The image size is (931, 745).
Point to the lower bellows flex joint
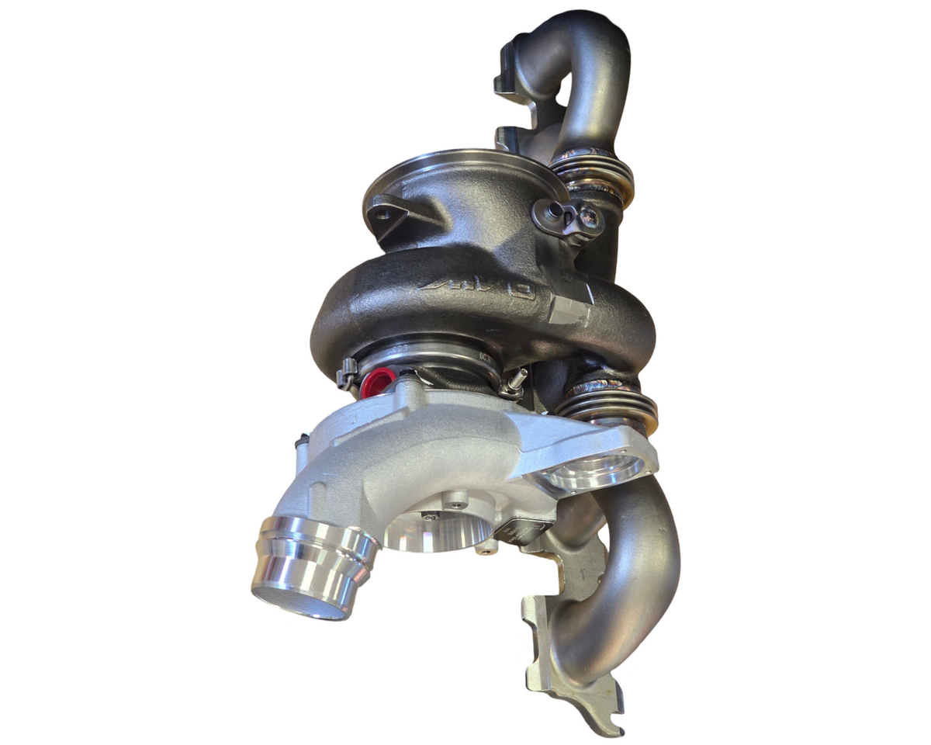[x=608, y=402]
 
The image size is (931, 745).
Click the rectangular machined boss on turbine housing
[x=564, y=311]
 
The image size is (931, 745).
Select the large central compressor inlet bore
[x=439, y=532]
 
